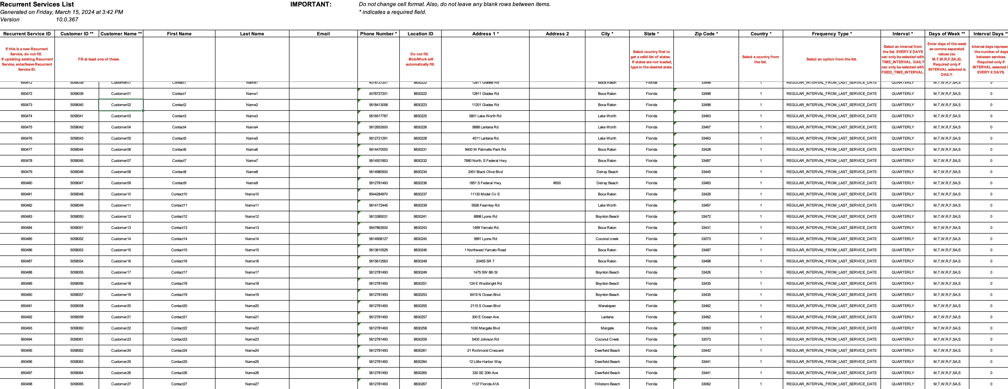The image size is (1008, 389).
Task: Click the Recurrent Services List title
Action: [x=37, y=4]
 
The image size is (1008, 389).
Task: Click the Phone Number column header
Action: [x=378, y=34]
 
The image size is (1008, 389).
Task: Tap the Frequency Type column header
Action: [x=832, y=34]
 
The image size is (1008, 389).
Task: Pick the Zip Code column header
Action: [x=706, y=34]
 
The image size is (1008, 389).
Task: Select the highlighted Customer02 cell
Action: [x=121, y=105]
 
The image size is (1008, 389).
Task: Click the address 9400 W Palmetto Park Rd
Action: [x=485, y=150]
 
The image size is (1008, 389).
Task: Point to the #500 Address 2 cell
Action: [x=557, y=183]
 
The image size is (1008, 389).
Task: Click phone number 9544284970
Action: [x=378, y=194]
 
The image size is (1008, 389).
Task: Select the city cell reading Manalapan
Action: [x=607, y=306]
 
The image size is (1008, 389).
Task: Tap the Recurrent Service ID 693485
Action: [x=27, y=239]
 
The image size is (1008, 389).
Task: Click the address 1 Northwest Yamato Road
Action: [x=485, y=250]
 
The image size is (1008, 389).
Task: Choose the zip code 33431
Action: [x=706, y=228]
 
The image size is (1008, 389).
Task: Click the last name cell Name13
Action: [x=252, y=228]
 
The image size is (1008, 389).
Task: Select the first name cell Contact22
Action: [x=179, y=328]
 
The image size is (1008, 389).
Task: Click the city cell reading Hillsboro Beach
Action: [x=607, y=384]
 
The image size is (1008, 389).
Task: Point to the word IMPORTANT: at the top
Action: [x=311, y=4]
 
